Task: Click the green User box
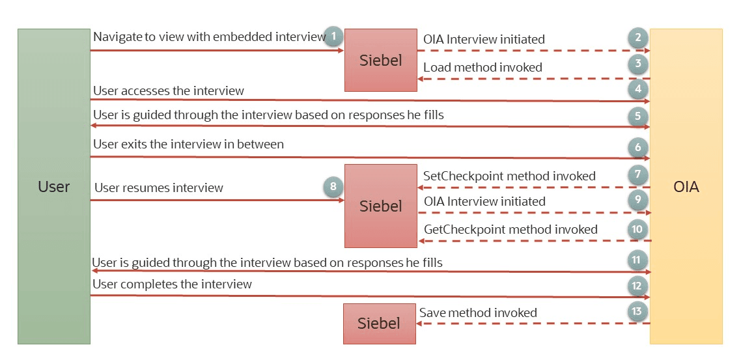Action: pyautogui.click(x=53, y=186)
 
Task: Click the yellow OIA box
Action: pyautogui.click(x=686, y=186)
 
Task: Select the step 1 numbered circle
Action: pyautogui.click(x=333, y=36)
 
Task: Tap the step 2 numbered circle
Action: pyautogui.click(x=638, y=37)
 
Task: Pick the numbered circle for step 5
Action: pyautogui.click(x=638, y=117)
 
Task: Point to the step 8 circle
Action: pyautogui.click(x=333, y=187)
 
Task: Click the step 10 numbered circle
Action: pyautogui.click(x=637, y=228)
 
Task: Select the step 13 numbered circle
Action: pyautogui.click(x=637, y=311)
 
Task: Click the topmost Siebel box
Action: pyautogui.click(x=381, y=60)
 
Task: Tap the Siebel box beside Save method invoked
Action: pyautogui.click(x=379, y=324)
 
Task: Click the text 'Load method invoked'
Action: pyautogui.click(x=482, y=67)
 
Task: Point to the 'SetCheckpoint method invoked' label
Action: pyautogui.click(x=509, y=176)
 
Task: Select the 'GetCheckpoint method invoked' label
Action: pyautogui.click(x=510, y=229)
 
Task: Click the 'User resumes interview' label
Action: pyautogui.click(x=159, y=188)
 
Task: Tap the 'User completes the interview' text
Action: pyautogui.click(x=172, y=284)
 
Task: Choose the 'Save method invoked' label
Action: pyautogui.click(x=478, y=313)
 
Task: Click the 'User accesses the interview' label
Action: pyautogui.click(x=169, y=91)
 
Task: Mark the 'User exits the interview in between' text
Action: pyautogui.click(x=188, y=144)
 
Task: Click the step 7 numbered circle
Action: pyautogui.click(x=638, y=175)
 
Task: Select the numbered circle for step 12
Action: pyautogui.click(x=637, y=285)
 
